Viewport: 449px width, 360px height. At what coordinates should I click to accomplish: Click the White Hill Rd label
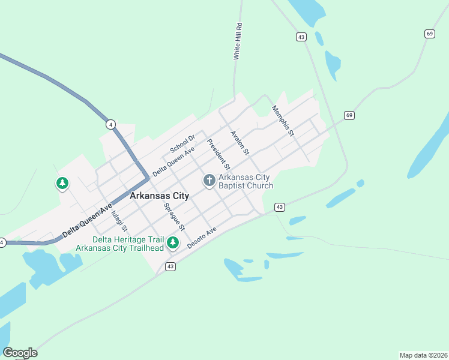click(x=238, y=41)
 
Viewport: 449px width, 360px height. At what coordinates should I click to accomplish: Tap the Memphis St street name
click(x=283, y=121)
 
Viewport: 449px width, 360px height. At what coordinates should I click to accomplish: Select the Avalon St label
click(x=240, y=143)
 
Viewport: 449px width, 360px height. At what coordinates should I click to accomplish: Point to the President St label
click(x=218, y=153)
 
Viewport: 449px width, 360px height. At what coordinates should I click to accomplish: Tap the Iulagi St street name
click(x=119, y=218)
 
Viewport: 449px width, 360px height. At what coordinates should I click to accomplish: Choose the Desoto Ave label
click(x=201, y=238)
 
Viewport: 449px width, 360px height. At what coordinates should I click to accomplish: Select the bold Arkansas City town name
click(x=159, y=196)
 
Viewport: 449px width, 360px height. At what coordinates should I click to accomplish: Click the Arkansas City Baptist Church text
click(x=245, y=181)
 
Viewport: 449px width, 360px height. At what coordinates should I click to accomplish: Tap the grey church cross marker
click(x=209, y=180)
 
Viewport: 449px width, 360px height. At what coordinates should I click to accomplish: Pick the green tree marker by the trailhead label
click(x=173, y=242)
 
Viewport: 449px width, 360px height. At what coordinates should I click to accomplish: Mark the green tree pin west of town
click(x=62, y=183)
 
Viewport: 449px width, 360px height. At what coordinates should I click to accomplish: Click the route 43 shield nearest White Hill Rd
click(x=301, y=37)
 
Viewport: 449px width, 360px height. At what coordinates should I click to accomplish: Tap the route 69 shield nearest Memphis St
click(x=349, y=115)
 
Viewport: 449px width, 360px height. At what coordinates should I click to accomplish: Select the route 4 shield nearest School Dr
click(x=110, y=124)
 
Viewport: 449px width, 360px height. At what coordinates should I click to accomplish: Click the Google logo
click(x=20, y=353)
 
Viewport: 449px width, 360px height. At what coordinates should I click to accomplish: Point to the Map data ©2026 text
click(x=423, y=355)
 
